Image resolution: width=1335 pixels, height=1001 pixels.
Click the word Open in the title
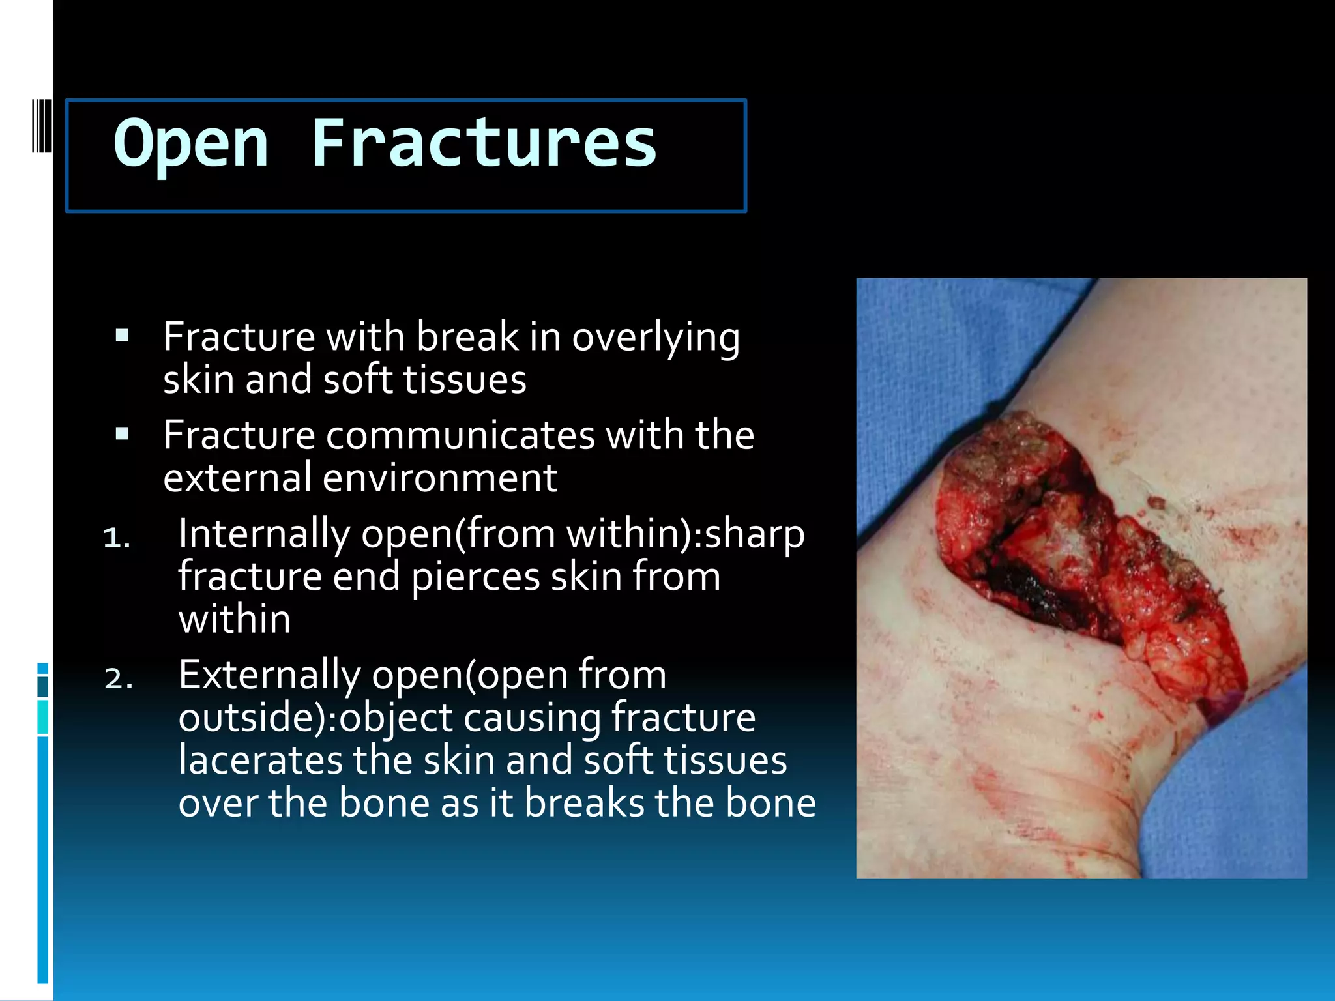click(x=190, y=143)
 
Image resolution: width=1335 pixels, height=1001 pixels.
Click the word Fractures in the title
click(x=484, y=143)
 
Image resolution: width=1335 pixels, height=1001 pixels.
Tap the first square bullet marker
click(x=122, y=336)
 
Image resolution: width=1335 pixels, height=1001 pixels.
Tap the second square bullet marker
click(x=122, y=434)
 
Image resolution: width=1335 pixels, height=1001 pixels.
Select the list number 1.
click(x=117, y=538)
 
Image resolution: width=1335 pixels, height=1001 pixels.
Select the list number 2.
click(x=118, y=678)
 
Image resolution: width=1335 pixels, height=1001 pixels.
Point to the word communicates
click(x=460, y=435)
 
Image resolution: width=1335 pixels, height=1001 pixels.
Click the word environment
click(x=440, y=478)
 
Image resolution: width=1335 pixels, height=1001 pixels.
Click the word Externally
click(x=269, y=675)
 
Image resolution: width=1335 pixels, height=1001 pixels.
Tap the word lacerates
click(x=259, y=761)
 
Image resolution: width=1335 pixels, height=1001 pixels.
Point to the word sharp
click(x=754, y=534)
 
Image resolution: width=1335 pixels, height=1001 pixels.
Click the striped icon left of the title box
click(x=42, y=126)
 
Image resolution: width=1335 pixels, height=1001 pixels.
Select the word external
click(x=237, y=478)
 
